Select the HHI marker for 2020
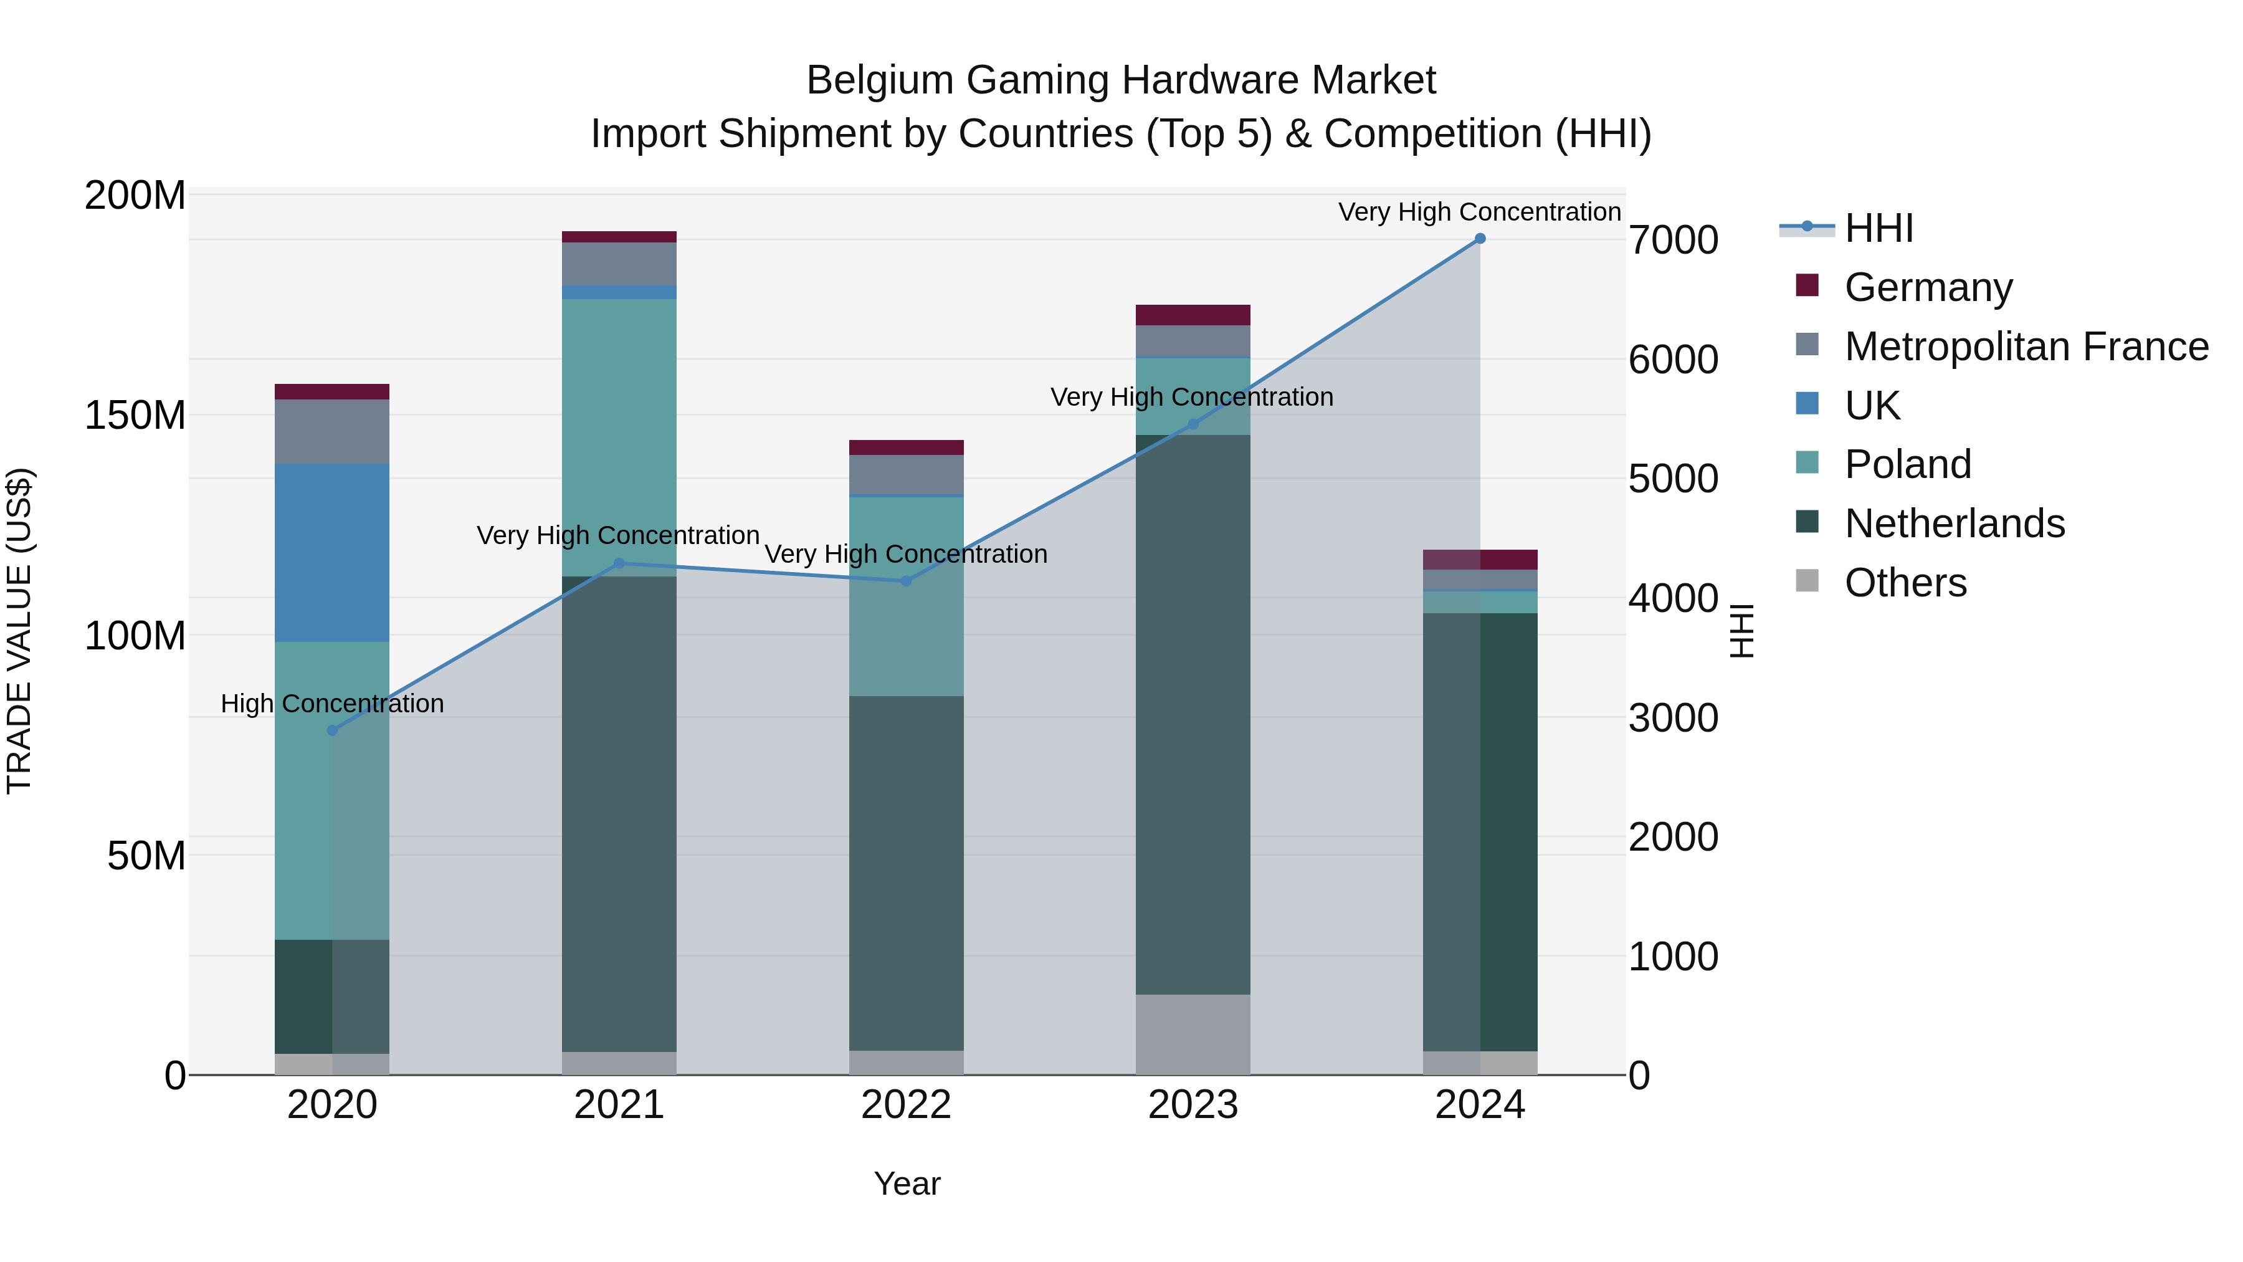coord(331,730)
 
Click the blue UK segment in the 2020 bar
coord(331,553)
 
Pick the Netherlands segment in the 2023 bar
coord(1193,714)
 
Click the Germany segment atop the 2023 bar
coord(1193,315)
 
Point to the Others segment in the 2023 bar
coord(1193,1034)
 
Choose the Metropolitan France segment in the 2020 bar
coord(331,431)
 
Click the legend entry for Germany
coord(1928,287)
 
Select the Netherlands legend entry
coord(1954,523)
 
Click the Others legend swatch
coord(1807,581)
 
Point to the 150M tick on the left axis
coord(135,416)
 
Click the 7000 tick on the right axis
coord(1673,241)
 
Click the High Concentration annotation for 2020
coord(331,704)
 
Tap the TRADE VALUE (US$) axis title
coord(20,631)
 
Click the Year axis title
coord(907,1183)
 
